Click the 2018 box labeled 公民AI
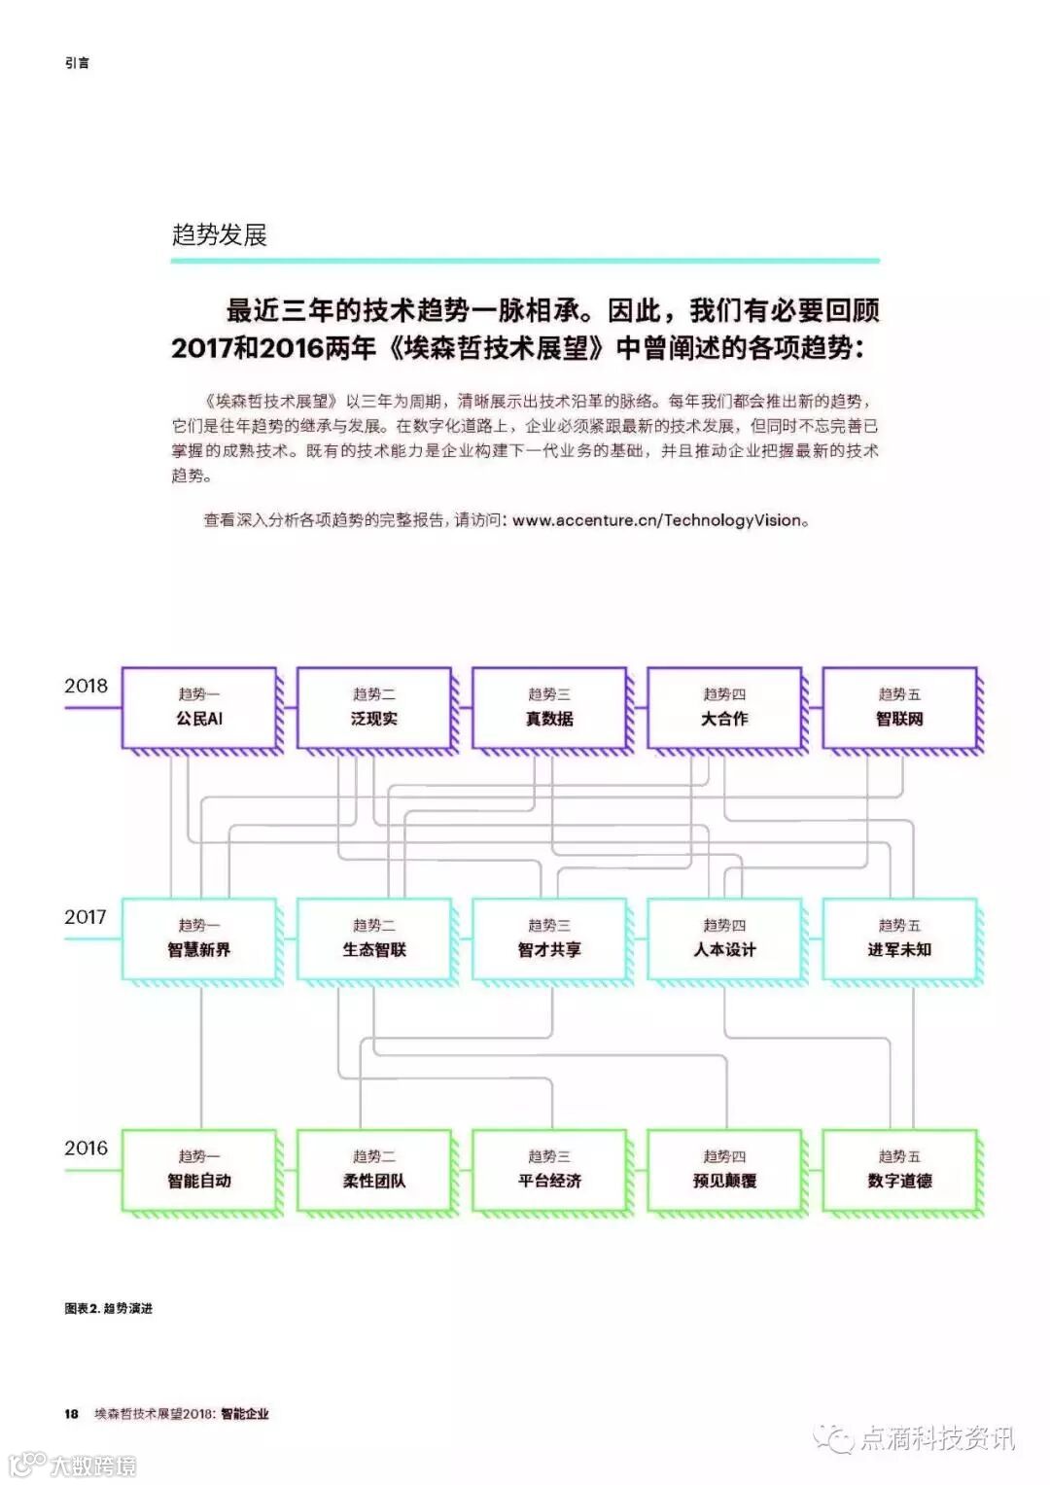click(199, 707)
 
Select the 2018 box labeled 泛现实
click(374, 707)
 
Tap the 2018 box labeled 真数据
click(549, 707)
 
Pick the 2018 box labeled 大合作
click(724, 707)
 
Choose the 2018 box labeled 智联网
click(899, 707)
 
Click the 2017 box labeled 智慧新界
click(199, 938)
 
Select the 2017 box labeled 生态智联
click(374, 938)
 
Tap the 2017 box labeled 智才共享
click(549, 938)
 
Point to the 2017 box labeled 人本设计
click(724, 938)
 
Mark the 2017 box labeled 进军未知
click(899, 938)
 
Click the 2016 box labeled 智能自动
click(199, 1170)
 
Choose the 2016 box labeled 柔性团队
click(374, 1170)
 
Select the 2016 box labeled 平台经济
click(549, 1170)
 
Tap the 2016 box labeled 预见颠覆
click(724, 1170)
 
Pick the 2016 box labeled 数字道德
click(899, 1170)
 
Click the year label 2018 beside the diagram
click(86, 686)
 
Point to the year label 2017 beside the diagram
click(86, 917)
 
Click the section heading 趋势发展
click(219, 234)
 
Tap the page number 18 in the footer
click(71, 1413)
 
